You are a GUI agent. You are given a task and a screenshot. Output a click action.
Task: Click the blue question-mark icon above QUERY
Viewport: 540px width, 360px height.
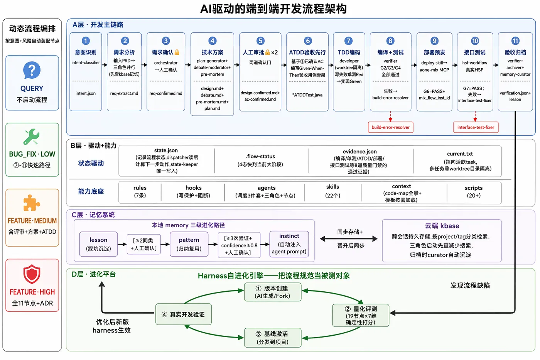(x=32, y=70)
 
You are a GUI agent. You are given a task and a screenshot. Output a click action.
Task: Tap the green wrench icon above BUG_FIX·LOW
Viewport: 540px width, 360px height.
(x=32, y=137)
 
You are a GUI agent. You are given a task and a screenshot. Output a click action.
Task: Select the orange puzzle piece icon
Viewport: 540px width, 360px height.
(x=32, y=203)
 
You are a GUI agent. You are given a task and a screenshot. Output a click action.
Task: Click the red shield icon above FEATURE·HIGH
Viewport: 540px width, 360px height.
(x=32, y=274)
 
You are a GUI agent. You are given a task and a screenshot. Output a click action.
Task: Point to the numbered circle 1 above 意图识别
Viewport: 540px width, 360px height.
(x=86, y=41)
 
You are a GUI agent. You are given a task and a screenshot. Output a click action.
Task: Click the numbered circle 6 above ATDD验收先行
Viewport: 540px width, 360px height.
(x=308, y=41)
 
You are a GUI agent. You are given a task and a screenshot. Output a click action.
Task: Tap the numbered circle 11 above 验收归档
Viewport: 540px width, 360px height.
(x=515, y=41)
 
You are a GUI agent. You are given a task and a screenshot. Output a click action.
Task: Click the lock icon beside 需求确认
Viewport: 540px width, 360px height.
(x=177, y=52)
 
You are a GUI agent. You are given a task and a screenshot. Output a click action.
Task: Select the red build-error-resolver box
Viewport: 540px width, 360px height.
(x=390, y=127)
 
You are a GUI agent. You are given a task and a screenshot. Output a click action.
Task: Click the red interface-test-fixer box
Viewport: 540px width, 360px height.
(x=476, y=127)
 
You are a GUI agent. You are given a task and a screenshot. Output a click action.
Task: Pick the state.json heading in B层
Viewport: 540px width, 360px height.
(x=166, y=150)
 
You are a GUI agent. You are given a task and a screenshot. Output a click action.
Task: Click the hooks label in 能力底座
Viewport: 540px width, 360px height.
(x=193, y=188)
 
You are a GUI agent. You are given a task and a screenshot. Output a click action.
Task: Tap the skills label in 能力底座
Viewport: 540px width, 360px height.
(x=332, y=187)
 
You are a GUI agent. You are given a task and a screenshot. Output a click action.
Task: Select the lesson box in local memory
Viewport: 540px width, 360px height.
(x=98, y=244)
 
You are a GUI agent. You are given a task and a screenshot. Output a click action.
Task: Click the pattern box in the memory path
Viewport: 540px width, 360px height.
(x=189, y=244)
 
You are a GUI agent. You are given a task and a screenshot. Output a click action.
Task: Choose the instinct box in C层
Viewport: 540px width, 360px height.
(x=289, y=244)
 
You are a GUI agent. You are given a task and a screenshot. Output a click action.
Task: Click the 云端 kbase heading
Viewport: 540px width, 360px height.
(x=442, y=226)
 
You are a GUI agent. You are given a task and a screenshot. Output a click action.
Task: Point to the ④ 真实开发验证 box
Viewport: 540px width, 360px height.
(x=184, y=314)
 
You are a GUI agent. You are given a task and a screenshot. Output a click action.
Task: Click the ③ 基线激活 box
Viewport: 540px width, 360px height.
(x=273, y=338)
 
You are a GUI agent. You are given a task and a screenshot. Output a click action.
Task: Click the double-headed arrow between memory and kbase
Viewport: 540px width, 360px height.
(x=349, y=239)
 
